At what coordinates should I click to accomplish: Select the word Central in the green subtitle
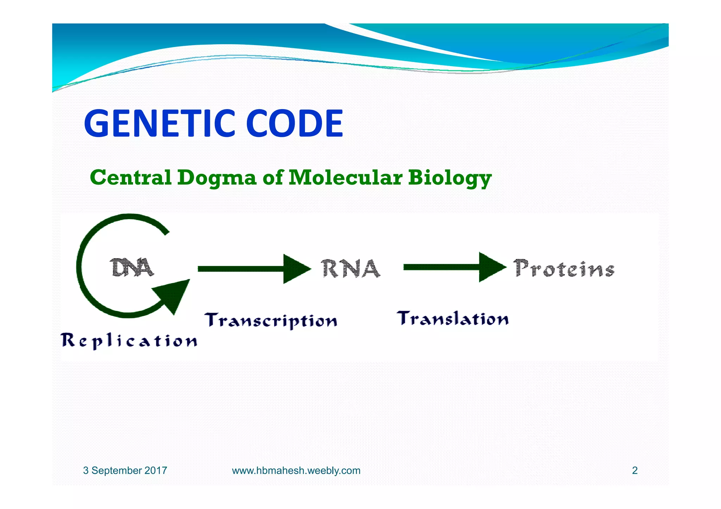(x=131, y=177)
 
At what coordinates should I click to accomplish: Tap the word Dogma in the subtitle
(x=217, y=178)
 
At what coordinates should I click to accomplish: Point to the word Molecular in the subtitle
(x=345, y=177)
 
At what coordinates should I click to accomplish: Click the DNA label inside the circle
(x=132, y=268)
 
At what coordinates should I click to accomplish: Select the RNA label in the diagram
(x=351, y=269)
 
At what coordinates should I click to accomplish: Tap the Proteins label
(x=564, y=269)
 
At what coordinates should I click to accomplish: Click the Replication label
(x=129, y=341)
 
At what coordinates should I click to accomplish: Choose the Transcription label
(x=271, y=320)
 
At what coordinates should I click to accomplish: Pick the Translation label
(x=453, y=319)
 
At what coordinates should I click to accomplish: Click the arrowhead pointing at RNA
(x=296, y=269)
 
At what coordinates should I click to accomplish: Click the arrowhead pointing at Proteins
(x=491, y=267)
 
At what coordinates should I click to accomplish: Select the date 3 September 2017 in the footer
(x=125, y=470)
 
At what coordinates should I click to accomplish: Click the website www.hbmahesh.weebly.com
(x=296, y=470)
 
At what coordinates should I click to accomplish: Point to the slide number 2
(x=635, y=470)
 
